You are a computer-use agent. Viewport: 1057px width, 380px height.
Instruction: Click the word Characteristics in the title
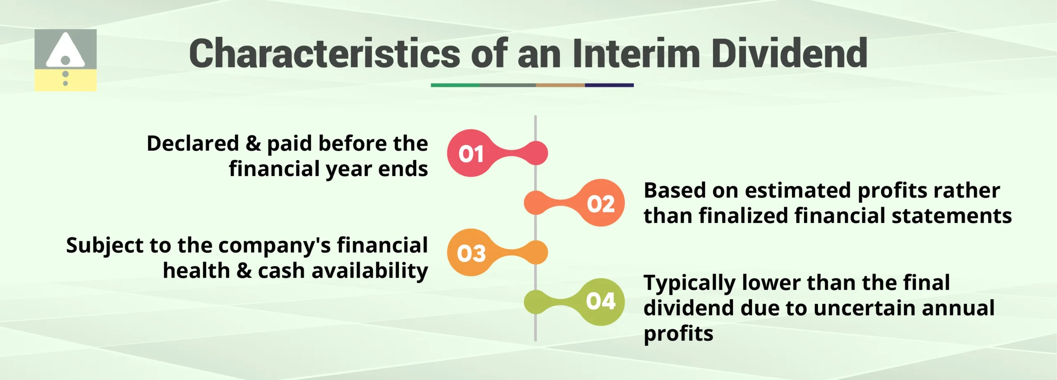click(x=325, y=54)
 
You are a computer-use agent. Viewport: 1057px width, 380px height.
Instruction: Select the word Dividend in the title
click(x=789, y=54)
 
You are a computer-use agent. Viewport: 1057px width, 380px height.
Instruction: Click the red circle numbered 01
click(x=471, y=153)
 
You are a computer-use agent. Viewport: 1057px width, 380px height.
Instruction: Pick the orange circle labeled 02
click(x=601, y=203)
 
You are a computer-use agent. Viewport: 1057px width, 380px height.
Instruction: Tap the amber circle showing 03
click(x=471, y=252)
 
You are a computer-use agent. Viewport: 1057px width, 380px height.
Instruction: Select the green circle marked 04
click(x=601, y=302)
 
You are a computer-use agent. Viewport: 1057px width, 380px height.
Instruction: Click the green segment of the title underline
click(x=455, y=85)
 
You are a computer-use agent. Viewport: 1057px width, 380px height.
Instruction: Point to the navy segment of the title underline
click(x=609, y=85)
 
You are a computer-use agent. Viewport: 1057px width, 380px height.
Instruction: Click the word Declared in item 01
click(x=193, y=144)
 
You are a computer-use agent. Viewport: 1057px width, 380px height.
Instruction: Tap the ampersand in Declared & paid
click(x=253, y=144)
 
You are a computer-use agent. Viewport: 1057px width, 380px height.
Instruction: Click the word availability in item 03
click(x=370, y=271)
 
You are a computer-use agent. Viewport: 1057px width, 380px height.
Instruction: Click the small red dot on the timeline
click(x=536, y=153)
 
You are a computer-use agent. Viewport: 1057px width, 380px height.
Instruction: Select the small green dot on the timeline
click(x=536, y=302)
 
